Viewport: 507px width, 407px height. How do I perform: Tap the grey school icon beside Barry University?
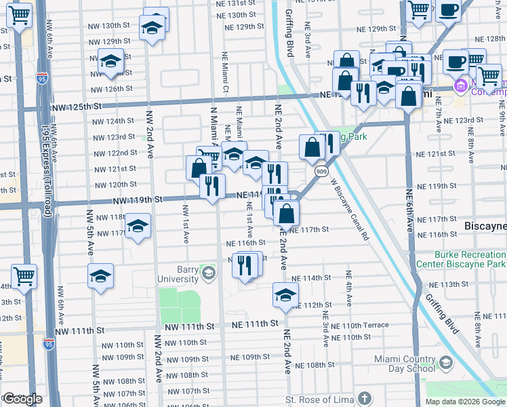click(208, 274)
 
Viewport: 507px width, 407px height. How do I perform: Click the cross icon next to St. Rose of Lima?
click(365, 399)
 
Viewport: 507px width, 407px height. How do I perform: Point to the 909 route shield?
click(319, 172)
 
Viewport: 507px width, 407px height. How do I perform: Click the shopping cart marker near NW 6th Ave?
click(24, 276)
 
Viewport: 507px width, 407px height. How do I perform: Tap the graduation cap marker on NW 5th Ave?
click(100, 276)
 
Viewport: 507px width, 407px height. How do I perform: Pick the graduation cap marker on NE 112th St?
click(285, 295)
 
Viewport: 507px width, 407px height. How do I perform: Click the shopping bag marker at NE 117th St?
click(287, 213)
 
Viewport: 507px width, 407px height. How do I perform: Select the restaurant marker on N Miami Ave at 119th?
click(213, 185)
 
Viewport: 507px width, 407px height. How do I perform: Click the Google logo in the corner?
click(22, 399)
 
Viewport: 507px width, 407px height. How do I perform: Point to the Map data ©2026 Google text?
click(465, 402)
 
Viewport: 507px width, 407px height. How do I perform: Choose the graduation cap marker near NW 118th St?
click(138, 227)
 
